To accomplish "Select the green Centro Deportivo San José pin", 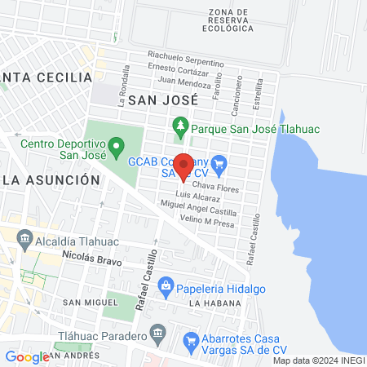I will click(x=117, y=148).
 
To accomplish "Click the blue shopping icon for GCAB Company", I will click(x=219, y=163).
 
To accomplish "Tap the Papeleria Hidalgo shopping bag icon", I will click(x=166, y=285).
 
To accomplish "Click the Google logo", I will click(x=27, y=356).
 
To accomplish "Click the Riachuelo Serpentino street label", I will click(x=185, y=61).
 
